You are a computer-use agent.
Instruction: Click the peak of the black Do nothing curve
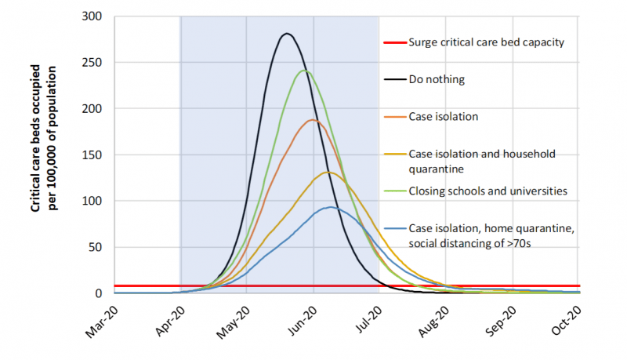pyautogui.click(x=287, y=34)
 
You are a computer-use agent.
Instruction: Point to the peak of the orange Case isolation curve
pyautogui.click(x=313, y=120)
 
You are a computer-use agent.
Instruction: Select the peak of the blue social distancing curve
pyautogui.click(x=331, y=207)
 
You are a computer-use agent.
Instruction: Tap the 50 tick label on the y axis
pyautogui.click(x=103, y=247)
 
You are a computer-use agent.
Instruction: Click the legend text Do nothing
pyautogui.click(x=436, y=79)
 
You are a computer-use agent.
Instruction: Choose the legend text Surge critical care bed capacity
pyautogui.click(x=486, y=42)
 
